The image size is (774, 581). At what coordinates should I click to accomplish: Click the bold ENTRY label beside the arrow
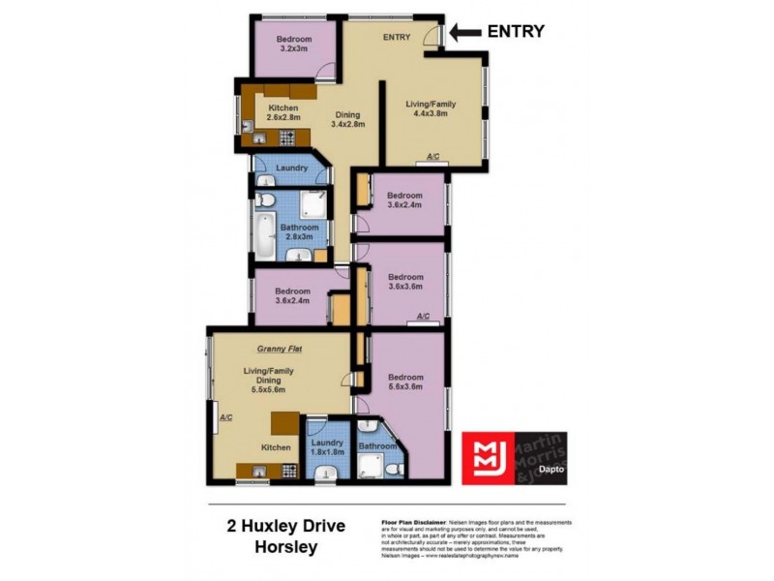click(x=515, y=31)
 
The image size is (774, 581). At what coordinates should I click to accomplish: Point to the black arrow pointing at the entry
click(x=465, y=32)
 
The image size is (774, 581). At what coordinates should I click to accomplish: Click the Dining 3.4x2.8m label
click(x=345, y=120)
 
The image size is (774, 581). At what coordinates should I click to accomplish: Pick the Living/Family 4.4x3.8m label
click(x=431, y=108)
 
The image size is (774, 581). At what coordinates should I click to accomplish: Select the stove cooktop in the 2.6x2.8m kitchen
click(x=262, y=141)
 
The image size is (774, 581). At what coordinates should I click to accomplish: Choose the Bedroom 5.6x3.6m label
click(x=405, y=382)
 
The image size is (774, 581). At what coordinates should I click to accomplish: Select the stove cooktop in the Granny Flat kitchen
click(x=286, y=472)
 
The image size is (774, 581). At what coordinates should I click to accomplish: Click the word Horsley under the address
click(x=272, y=547)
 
